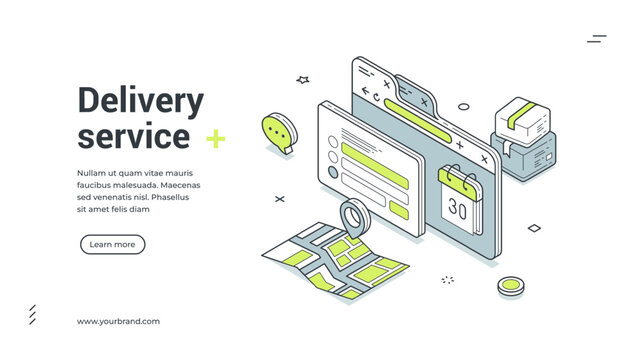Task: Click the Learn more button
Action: (112, 244)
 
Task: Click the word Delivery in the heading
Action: (140, 102)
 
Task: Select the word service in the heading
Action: (133, 136)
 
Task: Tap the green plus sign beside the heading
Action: (215, 139)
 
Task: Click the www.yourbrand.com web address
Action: (118, 321)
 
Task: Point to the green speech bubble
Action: (277, 131)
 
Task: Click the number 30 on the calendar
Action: (458, 209)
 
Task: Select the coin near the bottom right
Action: (510, 286)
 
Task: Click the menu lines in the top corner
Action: (597, 39)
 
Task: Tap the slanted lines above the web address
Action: (32, 315)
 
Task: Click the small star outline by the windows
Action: (303, 79)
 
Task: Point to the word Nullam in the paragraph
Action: (91, 172)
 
